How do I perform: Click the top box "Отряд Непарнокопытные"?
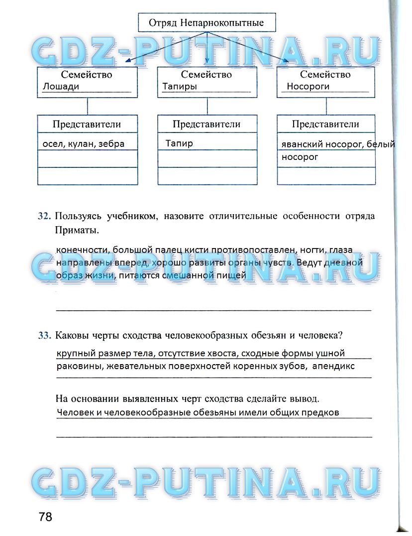[206, 22]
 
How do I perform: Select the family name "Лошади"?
[61, 87]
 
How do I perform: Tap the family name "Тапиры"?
[180, 87]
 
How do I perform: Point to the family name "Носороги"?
[308, 87]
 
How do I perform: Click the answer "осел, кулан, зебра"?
[83, 144]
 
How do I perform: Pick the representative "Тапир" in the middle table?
[179, 143]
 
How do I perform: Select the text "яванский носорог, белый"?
[338, 144]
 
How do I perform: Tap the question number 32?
[44, 216]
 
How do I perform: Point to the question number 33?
[44, 335]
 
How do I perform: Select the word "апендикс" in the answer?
[333, 366]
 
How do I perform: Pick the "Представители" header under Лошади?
[87, 124]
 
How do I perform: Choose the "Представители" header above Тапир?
[206, 124]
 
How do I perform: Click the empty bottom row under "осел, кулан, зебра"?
[88, 176]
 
